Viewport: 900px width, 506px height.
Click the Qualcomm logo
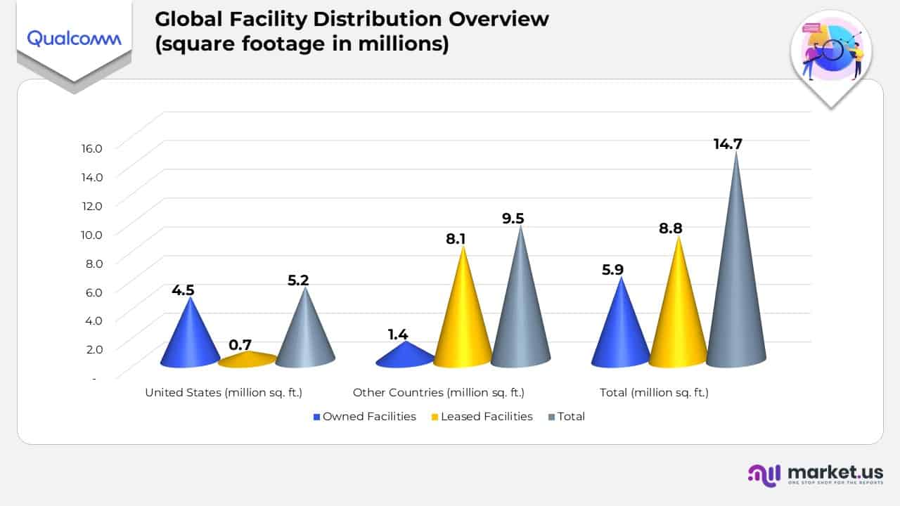pos(74,38)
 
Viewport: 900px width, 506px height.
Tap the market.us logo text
pos(835,472)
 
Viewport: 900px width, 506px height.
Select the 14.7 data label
pos(728,144)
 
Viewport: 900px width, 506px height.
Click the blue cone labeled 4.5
pos(191,337)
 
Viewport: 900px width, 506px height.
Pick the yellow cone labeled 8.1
pos(463,316)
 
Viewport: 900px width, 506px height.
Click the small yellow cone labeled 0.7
pos(247,360)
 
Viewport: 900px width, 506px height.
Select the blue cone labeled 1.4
pos(405,356)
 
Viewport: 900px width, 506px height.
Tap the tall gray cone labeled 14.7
pos(736,281)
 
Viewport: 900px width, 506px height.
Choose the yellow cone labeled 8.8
pos(679,313)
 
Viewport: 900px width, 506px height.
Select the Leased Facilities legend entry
pos(482,417)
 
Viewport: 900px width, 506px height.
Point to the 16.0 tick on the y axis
pos(91,148)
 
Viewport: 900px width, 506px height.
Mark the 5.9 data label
pos(612,270)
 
